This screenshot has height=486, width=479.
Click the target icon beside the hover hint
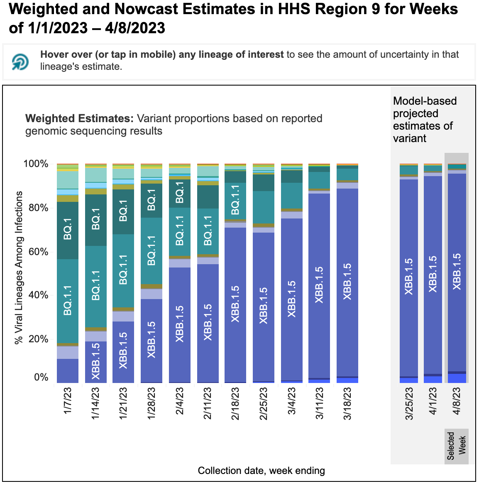[20, 61]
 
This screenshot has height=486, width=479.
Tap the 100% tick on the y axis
[36, 164]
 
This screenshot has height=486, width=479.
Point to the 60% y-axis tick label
[38, 251]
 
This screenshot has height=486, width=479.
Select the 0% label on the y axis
[41, 377]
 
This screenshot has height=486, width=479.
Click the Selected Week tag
[457, 446]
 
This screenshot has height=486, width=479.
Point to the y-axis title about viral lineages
[19, 268]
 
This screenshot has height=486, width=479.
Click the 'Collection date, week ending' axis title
[261, 471]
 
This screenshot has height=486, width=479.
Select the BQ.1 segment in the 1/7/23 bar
[68, 231]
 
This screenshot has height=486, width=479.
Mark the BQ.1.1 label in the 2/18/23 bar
[235, 200]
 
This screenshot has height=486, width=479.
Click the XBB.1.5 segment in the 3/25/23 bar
[409, 277]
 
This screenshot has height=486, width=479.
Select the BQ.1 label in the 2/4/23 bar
[180, 193]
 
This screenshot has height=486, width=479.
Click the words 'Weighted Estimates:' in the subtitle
[79, 118]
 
